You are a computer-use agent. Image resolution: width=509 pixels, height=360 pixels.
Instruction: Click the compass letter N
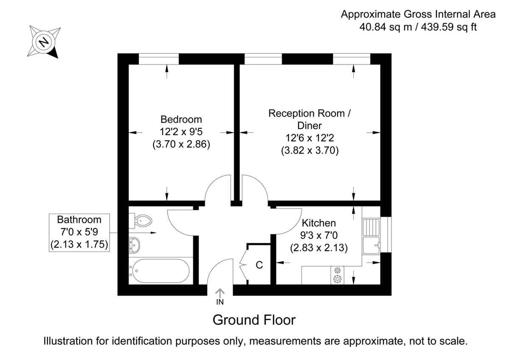tap(44, 42)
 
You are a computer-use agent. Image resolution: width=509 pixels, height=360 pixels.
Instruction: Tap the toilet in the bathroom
tap(140, 220)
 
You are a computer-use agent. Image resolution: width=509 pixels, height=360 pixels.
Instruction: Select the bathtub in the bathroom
tap(161, 271)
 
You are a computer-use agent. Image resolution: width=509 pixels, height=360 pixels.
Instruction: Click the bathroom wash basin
tap(134, 245)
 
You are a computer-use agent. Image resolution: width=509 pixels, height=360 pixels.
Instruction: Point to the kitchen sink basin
tap(371, 246)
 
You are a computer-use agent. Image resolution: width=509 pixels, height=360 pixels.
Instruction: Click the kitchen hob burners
tap(338, 275)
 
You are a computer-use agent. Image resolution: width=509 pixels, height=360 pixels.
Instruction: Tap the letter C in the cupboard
tap(259, 265)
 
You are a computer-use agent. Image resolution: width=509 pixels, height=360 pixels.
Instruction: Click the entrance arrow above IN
tap(220, 293)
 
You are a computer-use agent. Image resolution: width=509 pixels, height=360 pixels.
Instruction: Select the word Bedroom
tap(181, 120)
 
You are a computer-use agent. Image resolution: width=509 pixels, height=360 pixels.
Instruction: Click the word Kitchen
tap(319, 223)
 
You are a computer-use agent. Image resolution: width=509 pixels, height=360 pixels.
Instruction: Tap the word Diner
tap(310, 126)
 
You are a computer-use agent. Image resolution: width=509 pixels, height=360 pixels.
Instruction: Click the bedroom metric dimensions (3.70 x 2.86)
tap(182, 144)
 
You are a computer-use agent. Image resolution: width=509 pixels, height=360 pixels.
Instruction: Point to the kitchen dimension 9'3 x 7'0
tap(319, 235)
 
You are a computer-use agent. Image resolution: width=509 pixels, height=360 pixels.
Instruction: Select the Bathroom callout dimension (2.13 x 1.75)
tap(79, 244)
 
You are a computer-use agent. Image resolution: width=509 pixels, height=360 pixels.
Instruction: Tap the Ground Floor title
tap(254, 320)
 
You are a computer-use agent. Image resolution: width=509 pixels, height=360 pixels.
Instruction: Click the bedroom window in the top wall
tap(159, 59)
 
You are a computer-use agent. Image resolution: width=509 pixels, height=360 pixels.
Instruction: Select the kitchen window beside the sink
tap(386, 234)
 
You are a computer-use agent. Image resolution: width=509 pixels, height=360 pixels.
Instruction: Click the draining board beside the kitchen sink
tap(371, 227)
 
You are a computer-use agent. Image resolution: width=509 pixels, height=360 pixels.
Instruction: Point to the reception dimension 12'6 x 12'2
tap(310, 138)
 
